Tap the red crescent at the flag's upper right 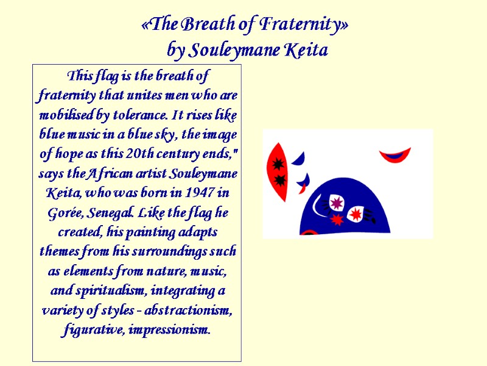[395, 154]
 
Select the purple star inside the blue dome [336, 202]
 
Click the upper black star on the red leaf [279, 163]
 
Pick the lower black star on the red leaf [279, 180]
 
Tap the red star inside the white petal [356, 213]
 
